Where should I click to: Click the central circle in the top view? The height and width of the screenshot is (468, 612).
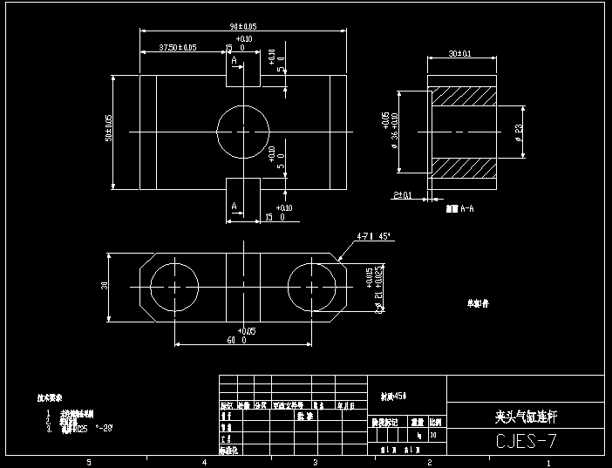243,132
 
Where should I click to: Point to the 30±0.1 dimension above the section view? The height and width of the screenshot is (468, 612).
459,54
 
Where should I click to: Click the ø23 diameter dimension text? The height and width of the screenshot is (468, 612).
519,132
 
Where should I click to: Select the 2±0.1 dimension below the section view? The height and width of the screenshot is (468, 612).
403,195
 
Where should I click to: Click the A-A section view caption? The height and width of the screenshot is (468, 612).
459,209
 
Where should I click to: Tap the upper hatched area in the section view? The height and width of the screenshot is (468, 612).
466,98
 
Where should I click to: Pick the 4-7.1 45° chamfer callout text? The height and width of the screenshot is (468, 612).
372,236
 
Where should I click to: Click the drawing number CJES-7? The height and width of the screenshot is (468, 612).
525,442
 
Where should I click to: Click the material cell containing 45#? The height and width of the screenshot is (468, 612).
395,396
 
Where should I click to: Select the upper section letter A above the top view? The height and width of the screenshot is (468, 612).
234,59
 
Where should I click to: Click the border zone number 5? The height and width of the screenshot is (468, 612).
87,462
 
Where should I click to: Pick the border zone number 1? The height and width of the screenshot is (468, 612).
547,462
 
